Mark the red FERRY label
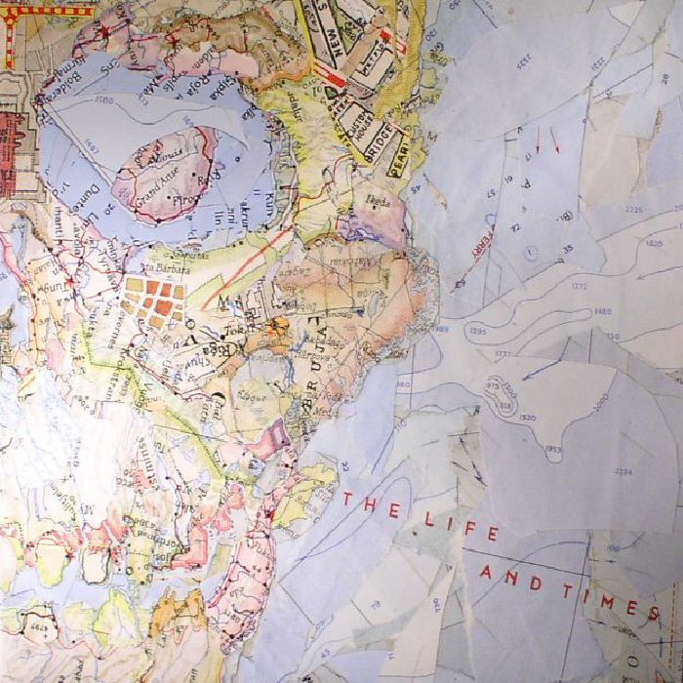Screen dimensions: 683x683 [479, 239]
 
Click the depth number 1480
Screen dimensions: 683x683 [602, 311]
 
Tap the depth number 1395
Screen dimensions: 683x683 [478, 333]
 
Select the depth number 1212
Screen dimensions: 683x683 [580, 286]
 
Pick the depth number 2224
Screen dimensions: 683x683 [623, 471]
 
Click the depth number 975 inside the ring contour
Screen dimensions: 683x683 [491, 385]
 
